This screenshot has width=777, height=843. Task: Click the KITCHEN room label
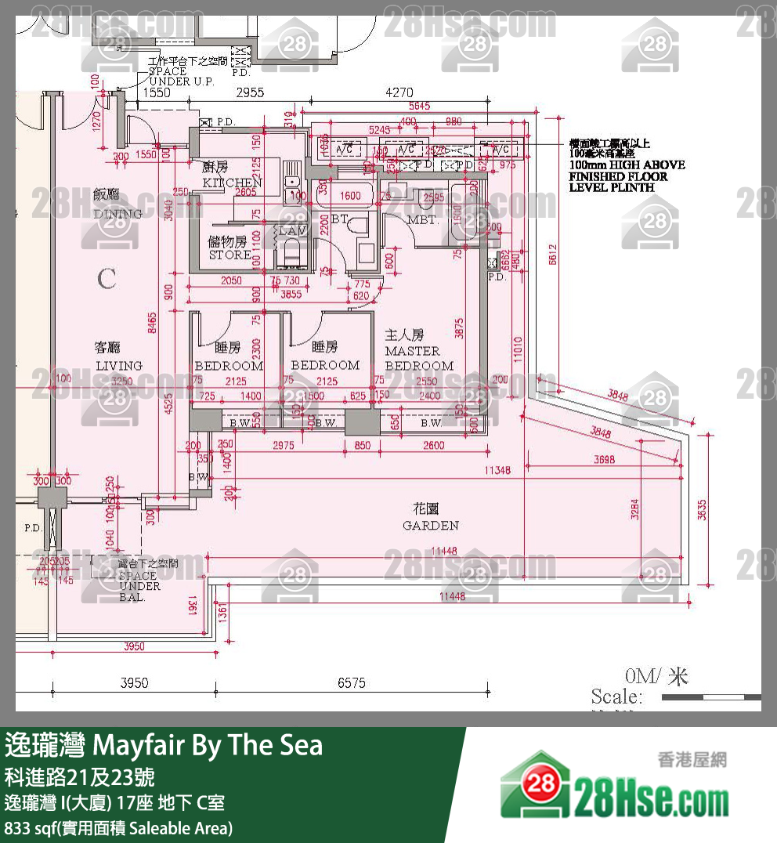pyautogui.click(x=232, y=183)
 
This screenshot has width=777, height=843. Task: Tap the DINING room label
pyautogui.click(x=117, y=214)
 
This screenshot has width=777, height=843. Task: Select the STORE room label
pyautogui.click(x=229, y=255)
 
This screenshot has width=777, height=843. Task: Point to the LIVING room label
pyautogui.click(x=119, y=365)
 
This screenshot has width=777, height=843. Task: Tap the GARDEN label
pyautogui.click(x=431, y=525)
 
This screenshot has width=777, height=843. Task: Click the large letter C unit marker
pyautogui.click(x=107, y=279)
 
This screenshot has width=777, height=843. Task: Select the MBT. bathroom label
pyautogui.click(x=422, y=220)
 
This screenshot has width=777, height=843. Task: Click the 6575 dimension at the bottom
pyautogui.click(x=352, y=683)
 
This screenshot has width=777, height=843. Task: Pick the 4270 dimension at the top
pyautogui.click(x=399, y=92)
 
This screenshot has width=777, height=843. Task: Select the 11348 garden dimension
pyautogui.click(x=497, y=471)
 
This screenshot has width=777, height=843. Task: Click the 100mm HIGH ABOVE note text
pyautogui.click(x=627, y=165)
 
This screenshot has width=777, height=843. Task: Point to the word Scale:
pyautogui.click(x=616, y=696)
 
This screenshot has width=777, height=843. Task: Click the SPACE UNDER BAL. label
pyautogui.click(x=139, y=586)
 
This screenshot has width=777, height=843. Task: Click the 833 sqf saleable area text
pyautogui.click(x=118, y=827)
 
